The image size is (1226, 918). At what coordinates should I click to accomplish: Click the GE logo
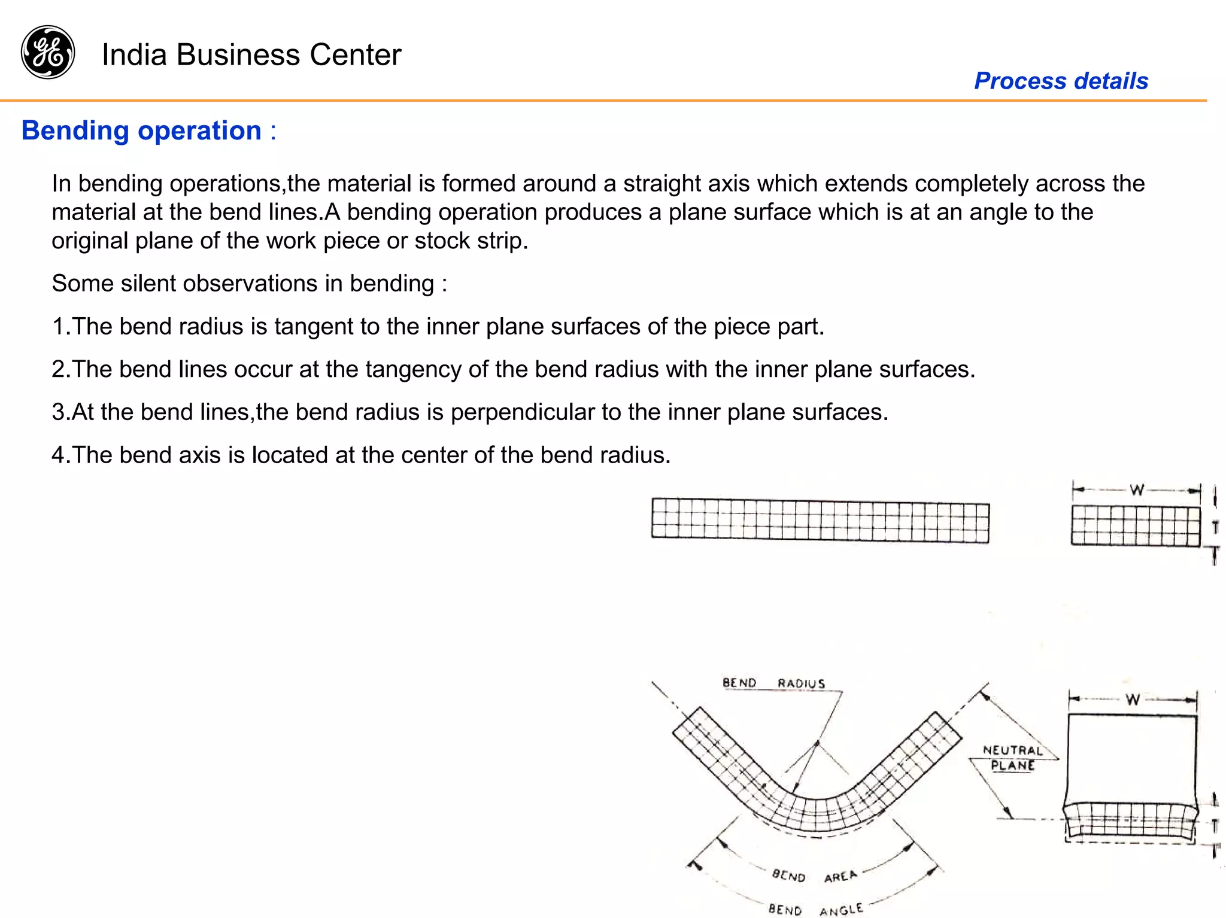click(48, 52)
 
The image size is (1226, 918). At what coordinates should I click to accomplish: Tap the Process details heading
click(1061, 81)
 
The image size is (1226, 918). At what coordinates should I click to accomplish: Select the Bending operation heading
click(141, 130)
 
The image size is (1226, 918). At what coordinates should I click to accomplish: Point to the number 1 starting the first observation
click(58, 326)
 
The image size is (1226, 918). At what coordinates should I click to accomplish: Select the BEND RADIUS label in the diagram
click(773, 683)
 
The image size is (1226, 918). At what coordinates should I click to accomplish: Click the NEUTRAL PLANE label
click(1012, 758)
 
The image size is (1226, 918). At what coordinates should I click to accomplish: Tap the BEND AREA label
click(814, 876)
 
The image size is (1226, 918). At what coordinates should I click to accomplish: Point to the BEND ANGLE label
click(815, 910)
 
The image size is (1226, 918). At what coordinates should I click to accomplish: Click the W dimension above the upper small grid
click(1137, 490)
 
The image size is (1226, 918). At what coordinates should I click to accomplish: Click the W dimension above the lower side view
click(1133, 699)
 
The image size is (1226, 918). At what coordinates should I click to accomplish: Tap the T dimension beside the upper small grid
click(1215, 527)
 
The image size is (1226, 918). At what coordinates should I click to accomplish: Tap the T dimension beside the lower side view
click(1215, 826)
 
